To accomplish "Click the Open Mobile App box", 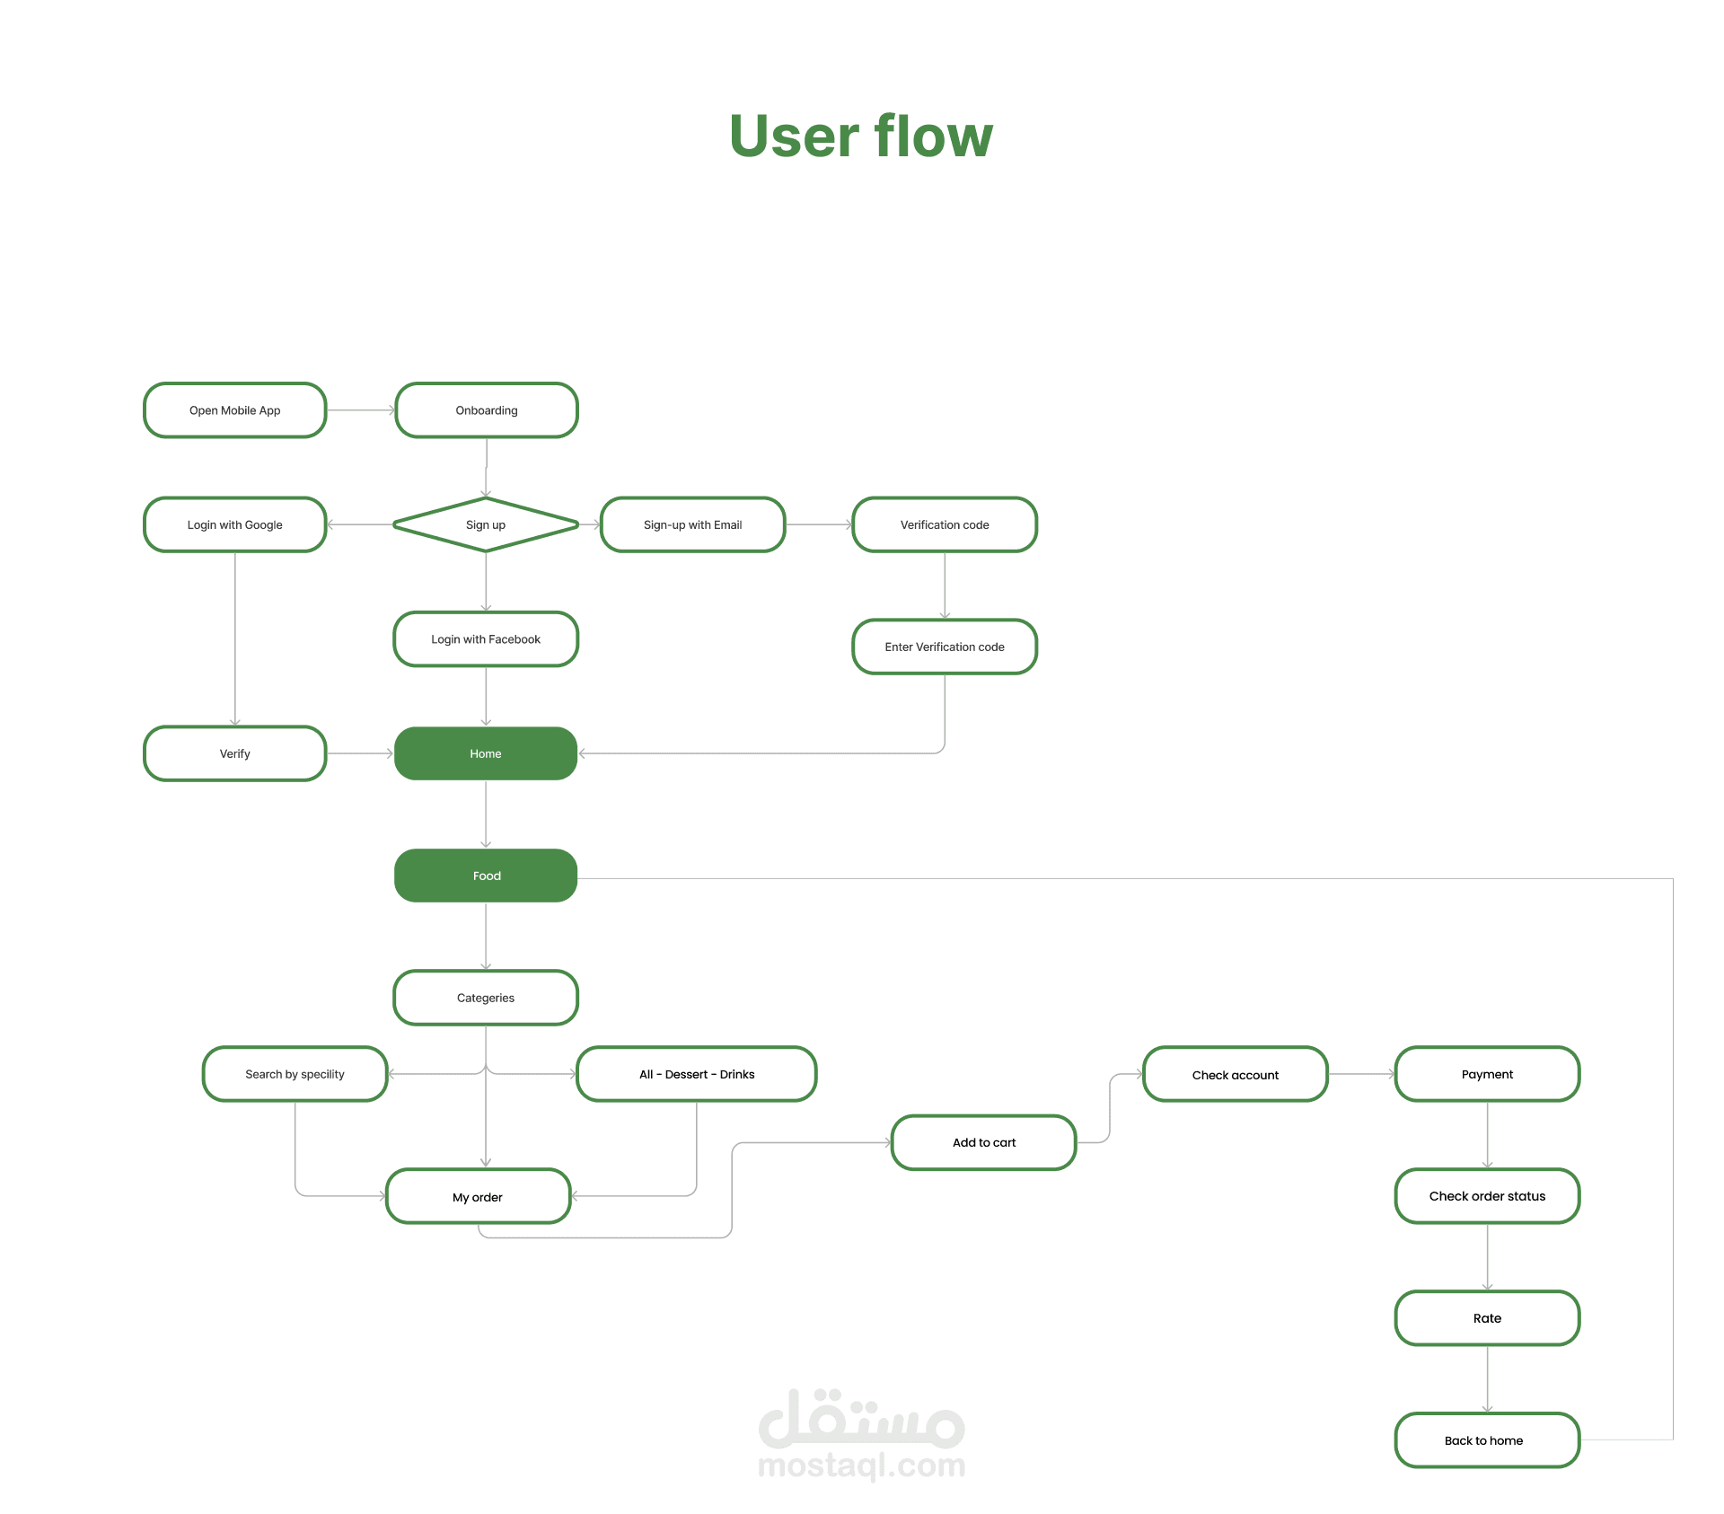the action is point(235,410).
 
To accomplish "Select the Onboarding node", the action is point(487,410).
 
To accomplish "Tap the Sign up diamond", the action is point(486,524).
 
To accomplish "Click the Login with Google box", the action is point(235,524).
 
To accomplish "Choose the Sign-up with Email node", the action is point(693,524).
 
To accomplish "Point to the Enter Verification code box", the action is point(945,647).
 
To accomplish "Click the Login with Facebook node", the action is point(486,639).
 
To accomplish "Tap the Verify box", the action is point(235,753).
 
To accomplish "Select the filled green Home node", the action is point(486,753).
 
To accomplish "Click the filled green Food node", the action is point(486,876).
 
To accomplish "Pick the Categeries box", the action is point(486,998).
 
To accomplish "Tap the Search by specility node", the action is point(295,1074).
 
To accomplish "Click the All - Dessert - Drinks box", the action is point(697,1074).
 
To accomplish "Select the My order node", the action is point(479,1196).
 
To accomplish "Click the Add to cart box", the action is point(984,1142).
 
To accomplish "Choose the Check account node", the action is point(1236,1074).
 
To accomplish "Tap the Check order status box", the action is point(1488,1196).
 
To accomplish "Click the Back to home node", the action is point(1488,1440).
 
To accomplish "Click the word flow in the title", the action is point(934,136).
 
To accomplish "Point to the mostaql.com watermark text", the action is point(862,1466).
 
